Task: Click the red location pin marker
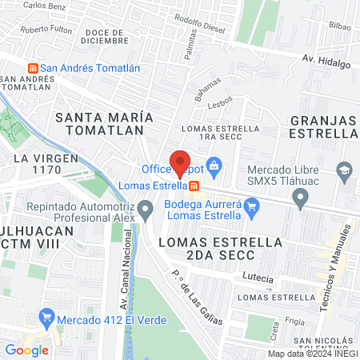pyautogui.click(x=180, y=162)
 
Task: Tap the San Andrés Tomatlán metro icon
pyautogui.click(x=33, y=67)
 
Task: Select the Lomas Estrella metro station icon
pyautogui.click(x=194, y=186)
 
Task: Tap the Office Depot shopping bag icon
pyautogui.click(x=213, y=166)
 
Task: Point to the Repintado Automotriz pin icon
pyautogui.click(x=145, y=211)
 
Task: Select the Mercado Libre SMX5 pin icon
pyautogui.click(x=301, y=200)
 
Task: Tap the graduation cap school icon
pyautogui.click(x=345, y=170)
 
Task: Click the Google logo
pyautogui.click(x=26, y=350)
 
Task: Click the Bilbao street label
pyautogui.click(x=339, y=26)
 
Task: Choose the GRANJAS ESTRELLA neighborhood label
pyautogui.click(x=320, y=126)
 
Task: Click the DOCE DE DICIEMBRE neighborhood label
pyautogui.click(x=105, y=34)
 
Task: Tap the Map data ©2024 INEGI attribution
pyautogui.click(x=313, y=354)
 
